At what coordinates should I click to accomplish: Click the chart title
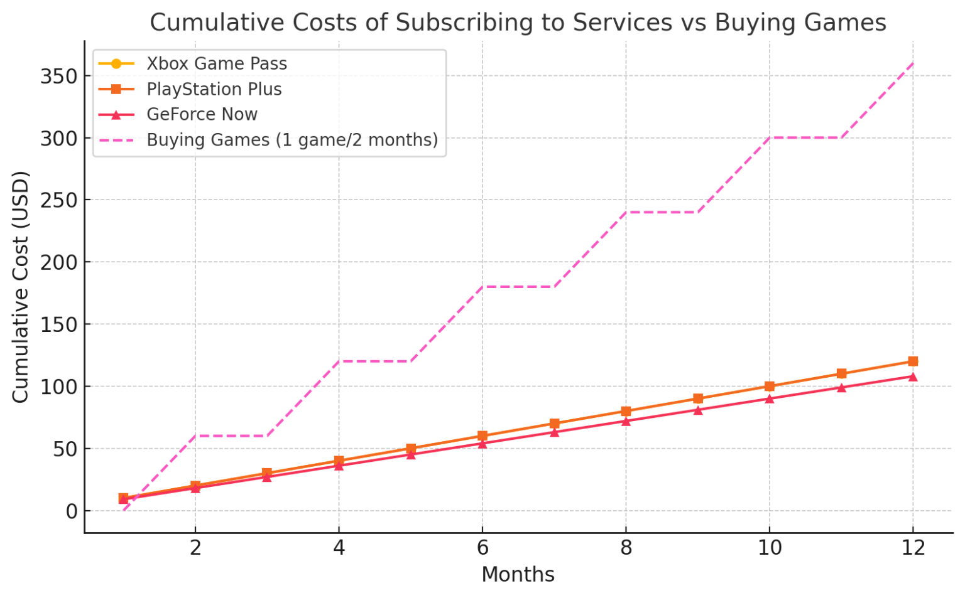click(518, 23)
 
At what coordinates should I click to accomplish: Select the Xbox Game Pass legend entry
click(216, 63)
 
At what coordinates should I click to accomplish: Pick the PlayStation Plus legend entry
click(214, 89)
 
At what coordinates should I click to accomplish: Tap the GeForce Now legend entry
click(202, 114)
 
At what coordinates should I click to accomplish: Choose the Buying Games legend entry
click(292, 139)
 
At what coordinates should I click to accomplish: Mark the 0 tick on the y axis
click(71, 511)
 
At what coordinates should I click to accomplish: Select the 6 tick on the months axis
click(482, 548)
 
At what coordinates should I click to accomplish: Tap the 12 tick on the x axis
click(913, 548)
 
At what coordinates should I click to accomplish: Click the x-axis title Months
click(518, 574)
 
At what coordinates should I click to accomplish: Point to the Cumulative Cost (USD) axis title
click(21, 287)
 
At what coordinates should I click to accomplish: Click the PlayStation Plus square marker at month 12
click(913, 361)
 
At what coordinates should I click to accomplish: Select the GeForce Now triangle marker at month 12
click(913, 376)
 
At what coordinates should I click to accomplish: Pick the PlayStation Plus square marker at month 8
click(626, 411)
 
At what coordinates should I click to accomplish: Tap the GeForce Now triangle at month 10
click(770, 398)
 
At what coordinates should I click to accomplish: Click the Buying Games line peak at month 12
click(913, 63)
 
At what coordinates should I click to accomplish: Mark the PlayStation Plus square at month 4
click(339, 461)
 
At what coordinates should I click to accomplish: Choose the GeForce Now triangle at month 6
click(482, 444)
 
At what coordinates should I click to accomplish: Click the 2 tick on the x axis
click(195, 548)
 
